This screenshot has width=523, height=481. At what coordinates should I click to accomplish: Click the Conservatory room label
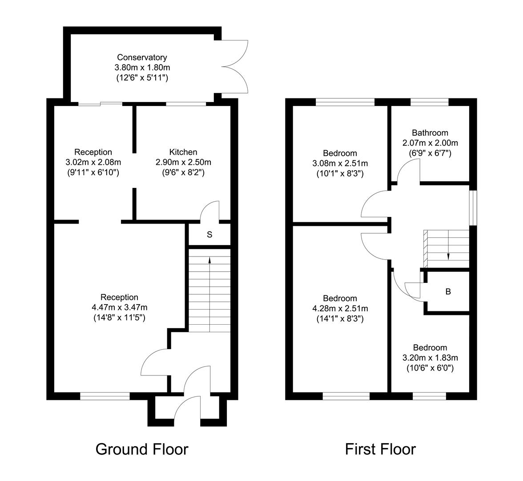(x=142, y=57)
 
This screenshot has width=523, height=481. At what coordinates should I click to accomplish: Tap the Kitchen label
(x=183, y=152)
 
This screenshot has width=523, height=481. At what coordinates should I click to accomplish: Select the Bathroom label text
(x=430, y=133)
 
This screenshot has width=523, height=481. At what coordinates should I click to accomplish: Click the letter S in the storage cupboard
(x=209, y=235)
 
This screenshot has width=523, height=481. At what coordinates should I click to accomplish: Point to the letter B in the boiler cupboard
(x=448, y=292)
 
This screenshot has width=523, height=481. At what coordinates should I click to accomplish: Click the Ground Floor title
(x=142, y=449)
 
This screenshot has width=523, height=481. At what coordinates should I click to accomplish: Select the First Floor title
(x=380, y=449)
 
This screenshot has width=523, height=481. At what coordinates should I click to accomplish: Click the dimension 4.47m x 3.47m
(x=119, y=307)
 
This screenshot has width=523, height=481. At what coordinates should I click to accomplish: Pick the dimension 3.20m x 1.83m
(x=430, y=358)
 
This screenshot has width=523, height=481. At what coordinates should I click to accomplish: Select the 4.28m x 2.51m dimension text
(x=340, y=308)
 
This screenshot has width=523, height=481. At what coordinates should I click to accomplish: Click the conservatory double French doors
(x=236, y=67)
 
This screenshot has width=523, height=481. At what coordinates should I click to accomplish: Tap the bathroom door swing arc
(x=408, y=171)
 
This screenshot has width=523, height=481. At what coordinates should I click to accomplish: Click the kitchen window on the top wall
(x=186, y=104)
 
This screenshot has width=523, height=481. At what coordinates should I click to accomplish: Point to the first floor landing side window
(x=474, y=208)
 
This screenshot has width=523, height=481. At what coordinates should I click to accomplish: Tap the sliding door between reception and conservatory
(x=101, y=104)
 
